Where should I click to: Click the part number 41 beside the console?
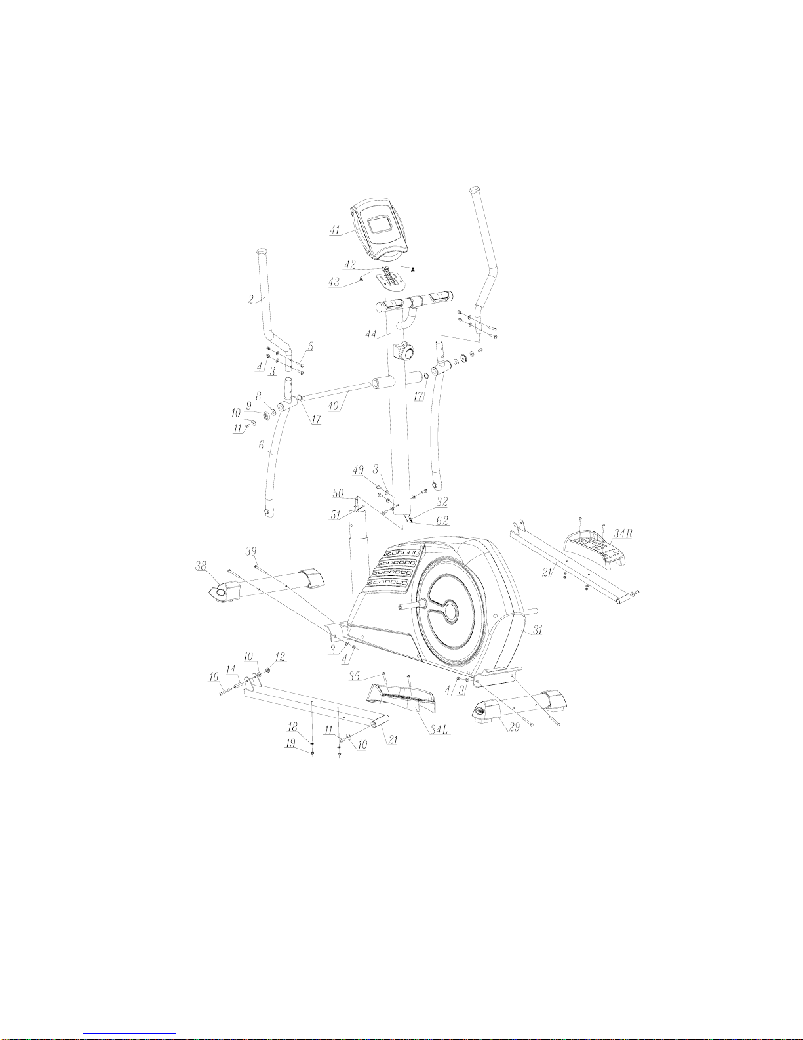coord(334,230)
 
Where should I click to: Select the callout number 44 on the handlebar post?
coord(370,335)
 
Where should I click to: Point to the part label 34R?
coord(623,533)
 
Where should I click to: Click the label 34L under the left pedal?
coord(440,730)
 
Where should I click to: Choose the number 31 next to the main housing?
coord(538,630)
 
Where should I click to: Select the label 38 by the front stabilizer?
coord(201,565)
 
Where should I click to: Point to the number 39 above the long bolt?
coord(251,551)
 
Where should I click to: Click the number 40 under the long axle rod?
coord(333,406)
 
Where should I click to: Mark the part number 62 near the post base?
coord(442,520)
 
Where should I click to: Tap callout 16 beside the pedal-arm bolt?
coord(214,676)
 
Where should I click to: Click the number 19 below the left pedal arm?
coord(290,743)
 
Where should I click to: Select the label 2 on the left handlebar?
coord(251,300)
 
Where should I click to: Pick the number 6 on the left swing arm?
coord(261,445)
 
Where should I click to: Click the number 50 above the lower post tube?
coord(338,493)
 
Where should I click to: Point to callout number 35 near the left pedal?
coord(354,676)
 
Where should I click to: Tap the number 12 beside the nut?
coord(280,657)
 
